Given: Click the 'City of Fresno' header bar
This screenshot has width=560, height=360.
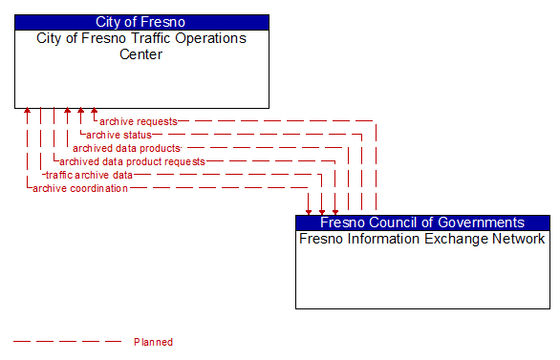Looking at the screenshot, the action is [141, 22].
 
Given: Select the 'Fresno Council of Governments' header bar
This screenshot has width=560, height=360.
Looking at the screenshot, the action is [422, 222].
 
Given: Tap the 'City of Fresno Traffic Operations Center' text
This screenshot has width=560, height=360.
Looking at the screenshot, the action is [141, 46].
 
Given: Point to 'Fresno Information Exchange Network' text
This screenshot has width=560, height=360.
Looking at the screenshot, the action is [422, 239].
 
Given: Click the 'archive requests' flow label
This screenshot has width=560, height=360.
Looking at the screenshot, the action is [139, 121].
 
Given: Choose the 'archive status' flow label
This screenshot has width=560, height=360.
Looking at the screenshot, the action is [118, 135].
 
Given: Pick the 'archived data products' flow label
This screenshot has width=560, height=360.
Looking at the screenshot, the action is [126, 148].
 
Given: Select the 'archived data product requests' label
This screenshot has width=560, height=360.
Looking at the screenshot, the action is [132, 161].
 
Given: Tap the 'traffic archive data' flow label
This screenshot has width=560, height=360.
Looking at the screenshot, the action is [89, 175].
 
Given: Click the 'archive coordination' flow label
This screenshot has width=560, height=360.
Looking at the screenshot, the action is [80, 188].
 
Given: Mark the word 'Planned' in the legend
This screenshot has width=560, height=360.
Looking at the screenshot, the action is [153, 342].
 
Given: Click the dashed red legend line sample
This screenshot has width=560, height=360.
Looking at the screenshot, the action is [67, 341].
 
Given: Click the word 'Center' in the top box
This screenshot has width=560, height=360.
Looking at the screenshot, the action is [140, 53].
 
